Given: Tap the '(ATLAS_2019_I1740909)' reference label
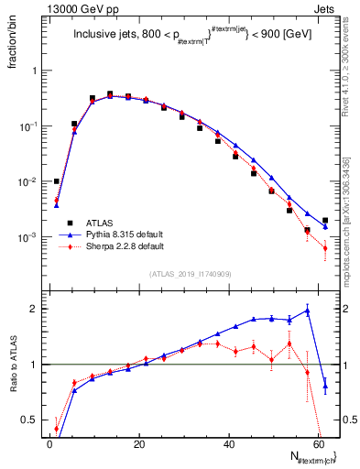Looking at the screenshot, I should [190, 274].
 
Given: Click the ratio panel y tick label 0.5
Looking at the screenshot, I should [31, 420].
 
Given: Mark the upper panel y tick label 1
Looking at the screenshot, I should [36, 71].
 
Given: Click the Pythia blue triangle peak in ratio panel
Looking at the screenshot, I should [308, 311].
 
